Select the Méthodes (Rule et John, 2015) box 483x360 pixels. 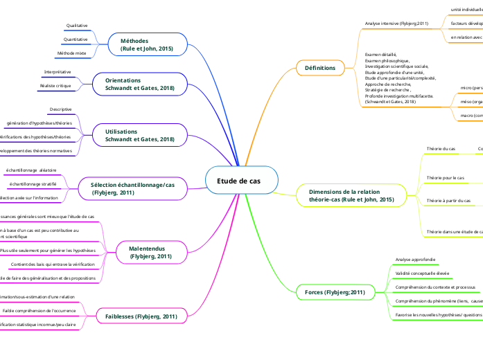pyautogui.click(x=146, y=45)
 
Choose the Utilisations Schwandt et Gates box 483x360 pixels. pyautogui.click(x=139, y=135)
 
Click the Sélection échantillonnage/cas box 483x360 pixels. pyautogui.click(x=132, y=188)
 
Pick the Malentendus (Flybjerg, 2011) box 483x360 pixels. pyautogui.click(x=150, y=252)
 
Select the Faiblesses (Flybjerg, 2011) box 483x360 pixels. pyautogui.click(x=141, y=316)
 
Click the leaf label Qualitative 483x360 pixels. pyautogui.click(x=77, y=26)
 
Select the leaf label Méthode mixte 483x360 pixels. pyautogui.click(x=72, y=53)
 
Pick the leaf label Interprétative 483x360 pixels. pyautogui.click(x=58, y=72)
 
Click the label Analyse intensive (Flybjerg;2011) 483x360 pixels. pyautogui.click(x=396, y=24)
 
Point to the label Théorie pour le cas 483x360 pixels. pyautogui.click(x=445, y=178)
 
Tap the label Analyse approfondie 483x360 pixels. pyautogui.click(x=415, y=260)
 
